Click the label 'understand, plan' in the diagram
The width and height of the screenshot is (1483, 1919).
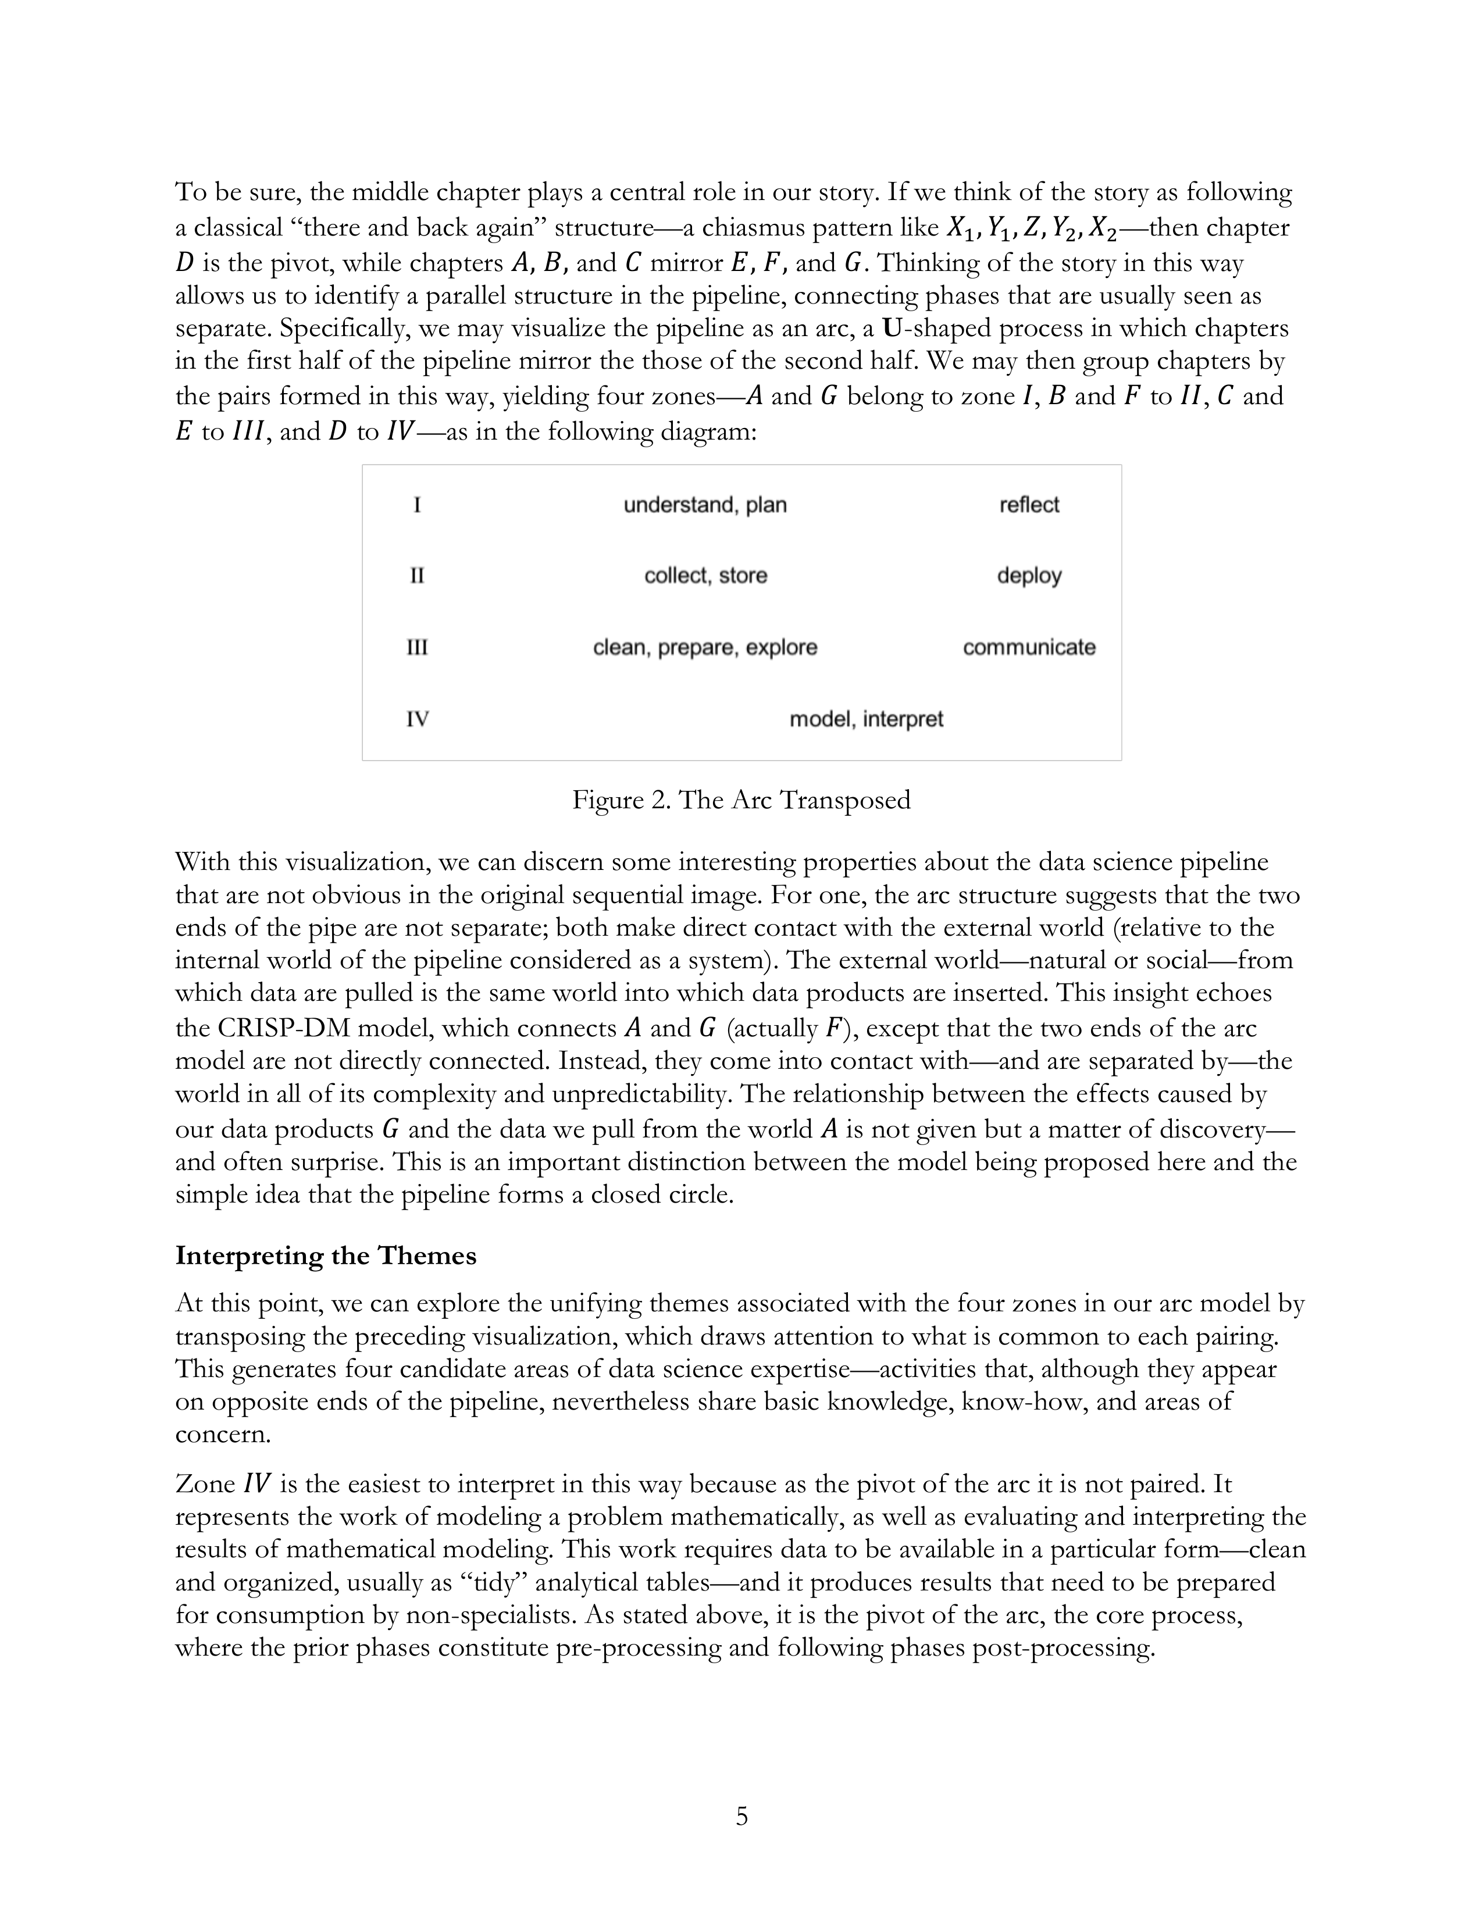[705, 505]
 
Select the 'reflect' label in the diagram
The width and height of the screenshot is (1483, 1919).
[1029, 505]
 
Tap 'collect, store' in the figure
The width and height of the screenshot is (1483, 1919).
[705, 576]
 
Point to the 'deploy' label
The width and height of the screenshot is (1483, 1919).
[1029, 576]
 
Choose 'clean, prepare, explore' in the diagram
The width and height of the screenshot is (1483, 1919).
[705, 648]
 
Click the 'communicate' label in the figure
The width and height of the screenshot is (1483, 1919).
[1029, 648]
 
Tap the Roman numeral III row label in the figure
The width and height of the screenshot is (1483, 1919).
[418, 648]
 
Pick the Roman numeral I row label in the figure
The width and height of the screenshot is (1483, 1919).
[418, 505]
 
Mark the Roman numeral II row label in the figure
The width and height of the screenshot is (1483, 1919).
[418, 576]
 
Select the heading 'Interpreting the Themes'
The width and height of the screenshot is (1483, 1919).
[325, 1255]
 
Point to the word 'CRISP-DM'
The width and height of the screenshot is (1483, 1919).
[277, 1028]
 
